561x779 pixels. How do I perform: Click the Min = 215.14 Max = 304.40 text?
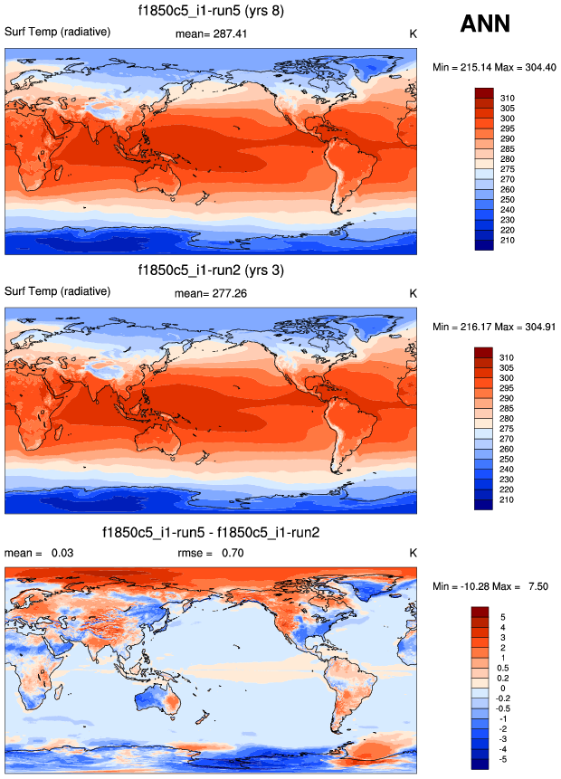[493, 67]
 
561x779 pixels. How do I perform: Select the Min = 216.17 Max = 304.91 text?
[493, 327]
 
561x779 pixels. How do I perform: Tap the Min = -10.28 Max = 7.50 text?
[493, 587]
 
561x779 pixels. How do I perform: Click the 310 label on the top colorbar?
[508, 97]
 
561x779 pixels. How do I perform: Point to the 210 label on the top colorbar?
[508, 241]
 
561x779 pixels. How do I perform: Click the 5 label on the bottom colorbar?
[502, 617]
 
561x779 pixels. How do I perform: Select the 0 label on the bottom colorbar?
[502, 689]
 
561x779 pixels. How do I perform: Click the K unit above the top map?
[413, 33]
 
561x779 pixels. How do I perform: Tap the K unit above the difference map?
[413, 552]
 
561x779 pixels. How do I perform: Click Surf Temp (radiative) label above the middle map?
[58, 291]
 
